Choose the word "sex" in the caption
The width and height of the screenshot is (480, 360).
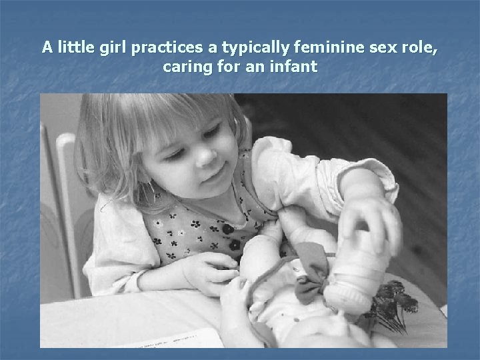coord(362,48)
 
